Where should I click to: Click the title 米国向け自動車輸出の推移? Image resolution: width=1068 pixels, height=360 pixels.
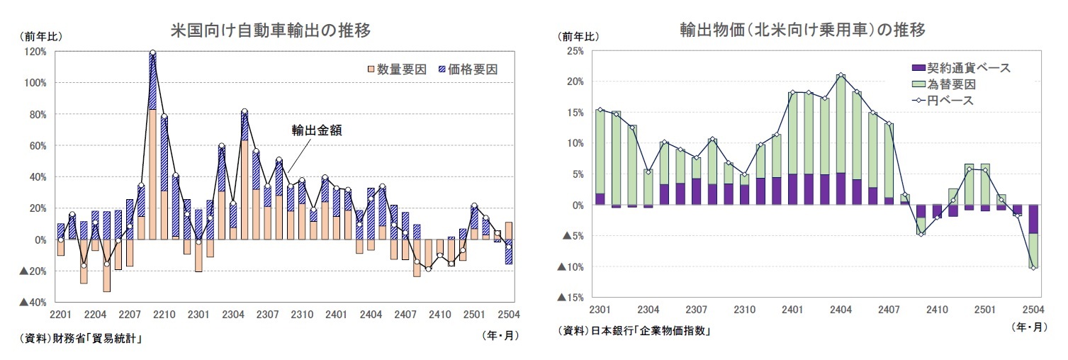[x=271, y=30]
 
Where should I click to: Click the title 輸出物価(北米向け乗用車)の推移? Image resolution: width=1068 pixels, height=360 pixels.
[x=802, y=30]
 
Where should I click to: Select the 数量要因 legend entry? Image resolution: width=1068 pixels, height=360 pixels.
[x=396, y=69]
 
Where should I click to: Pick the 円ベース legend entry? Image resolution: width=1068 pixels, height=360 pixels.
[x=943, y=101]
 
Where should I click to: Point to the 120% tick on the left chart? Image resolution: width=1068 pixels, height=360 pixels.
[x=35, y=52]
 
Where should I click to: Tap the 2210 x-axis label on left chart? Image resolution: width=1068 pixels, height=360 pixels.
[x=164, y=315]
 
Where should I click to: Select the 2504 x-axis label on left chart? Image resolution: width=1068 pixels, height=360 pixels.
[x=508, y=315]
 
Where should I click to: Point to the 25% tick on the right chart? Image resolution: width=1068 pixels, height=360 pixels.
[x=573, y=51]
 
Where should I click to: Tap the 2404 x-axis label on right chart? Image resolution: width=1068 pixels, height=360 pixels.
[x=841, y=310]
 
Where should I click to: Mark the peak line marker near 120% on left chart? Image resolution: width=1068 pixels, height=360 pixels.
[x=152, y=53]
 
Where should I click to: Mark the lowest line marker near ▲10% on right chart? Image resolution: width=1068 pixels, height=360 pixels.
[x=1033, y=268]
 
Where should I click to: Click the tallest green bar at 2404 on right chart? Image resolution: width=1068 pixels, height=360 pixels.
[x=841, y=124]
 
